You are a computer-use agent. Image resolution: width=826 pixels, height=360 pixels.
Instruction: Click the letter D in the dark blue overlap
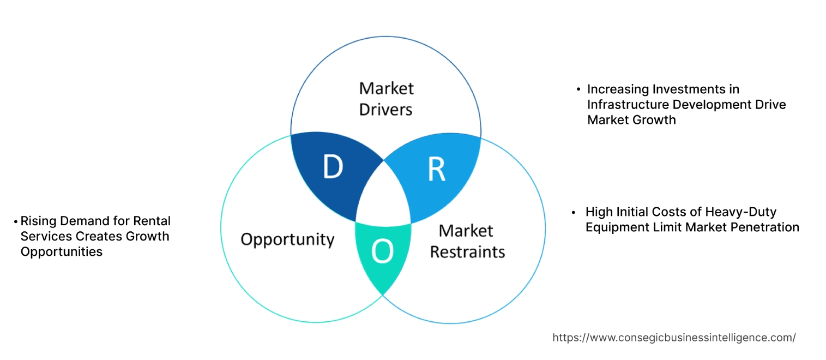tap(333, 167)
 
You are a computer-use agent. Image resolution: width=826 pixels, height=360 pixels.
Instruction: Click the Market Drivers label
tap(386, 99)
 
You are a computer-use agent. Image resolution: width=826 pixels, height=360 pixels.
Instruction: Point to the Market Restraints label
tap(467, 241)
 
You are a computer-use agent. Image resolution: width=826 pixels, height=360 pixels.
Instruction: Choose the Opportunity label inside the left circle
tap(287, 239)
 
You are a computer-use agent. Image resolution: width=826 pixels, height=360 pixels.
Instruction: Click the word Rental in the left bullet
tap(152, 221)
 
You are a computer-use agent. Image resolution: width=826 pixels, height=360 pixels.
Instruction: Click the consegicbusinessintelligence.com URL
tap(674, 338)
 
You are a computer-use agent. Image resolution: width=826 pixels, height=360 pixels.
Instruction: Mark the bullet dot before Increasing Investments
tap(578, 89)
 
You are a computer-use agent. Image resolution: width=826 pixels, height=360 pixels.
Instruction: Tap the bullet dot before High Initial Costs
tap(574, 212)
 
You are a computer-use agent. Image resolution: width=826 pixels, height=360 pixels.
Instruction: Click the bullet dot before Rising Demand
tap(16, 221)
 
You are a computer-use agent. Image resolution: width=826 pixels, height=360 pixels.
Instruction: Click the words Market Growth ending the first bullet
tap(631, 119)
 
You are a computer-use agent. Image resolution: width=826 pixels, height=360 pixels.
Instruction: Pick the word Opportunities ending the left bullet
tap(62, 251)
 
